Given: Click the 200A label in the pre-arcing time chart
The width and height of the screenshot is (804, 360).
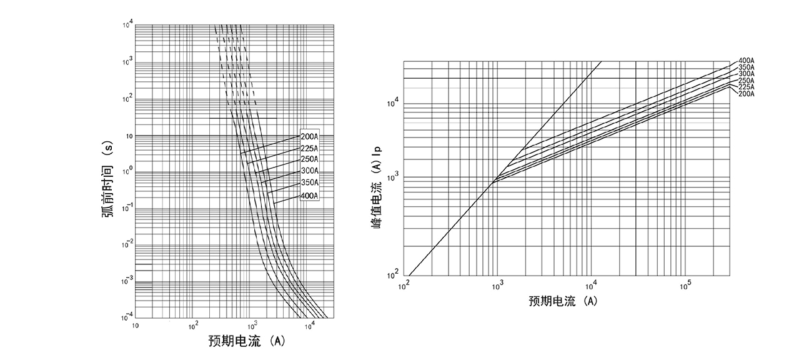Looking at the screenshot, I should pos(309,136).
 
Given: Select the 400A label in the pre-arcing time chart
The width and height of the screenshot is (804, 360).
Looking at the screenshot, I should pos(309,196).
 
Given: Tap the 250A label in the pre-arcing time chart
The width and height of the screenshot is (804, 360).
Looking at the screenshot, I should pos(309,159).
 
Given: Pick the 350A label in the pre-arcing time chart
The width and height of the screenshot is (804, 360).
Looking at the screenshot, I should pos(309,183).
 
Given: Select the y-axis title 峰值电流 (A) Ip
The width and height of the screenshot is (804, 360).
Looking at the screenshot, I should pos(379,188).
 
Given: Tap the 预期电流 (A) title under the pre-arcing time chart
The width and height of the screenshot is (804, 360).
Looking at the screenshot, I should pos(247,341).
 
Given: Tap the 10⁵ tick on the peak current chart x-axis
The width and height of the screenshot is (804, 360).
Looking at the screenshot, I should pos(685,284).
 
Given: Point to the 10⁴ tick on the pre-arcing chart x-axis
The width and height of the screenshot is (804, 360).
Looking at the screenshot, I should pos(309,325).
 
